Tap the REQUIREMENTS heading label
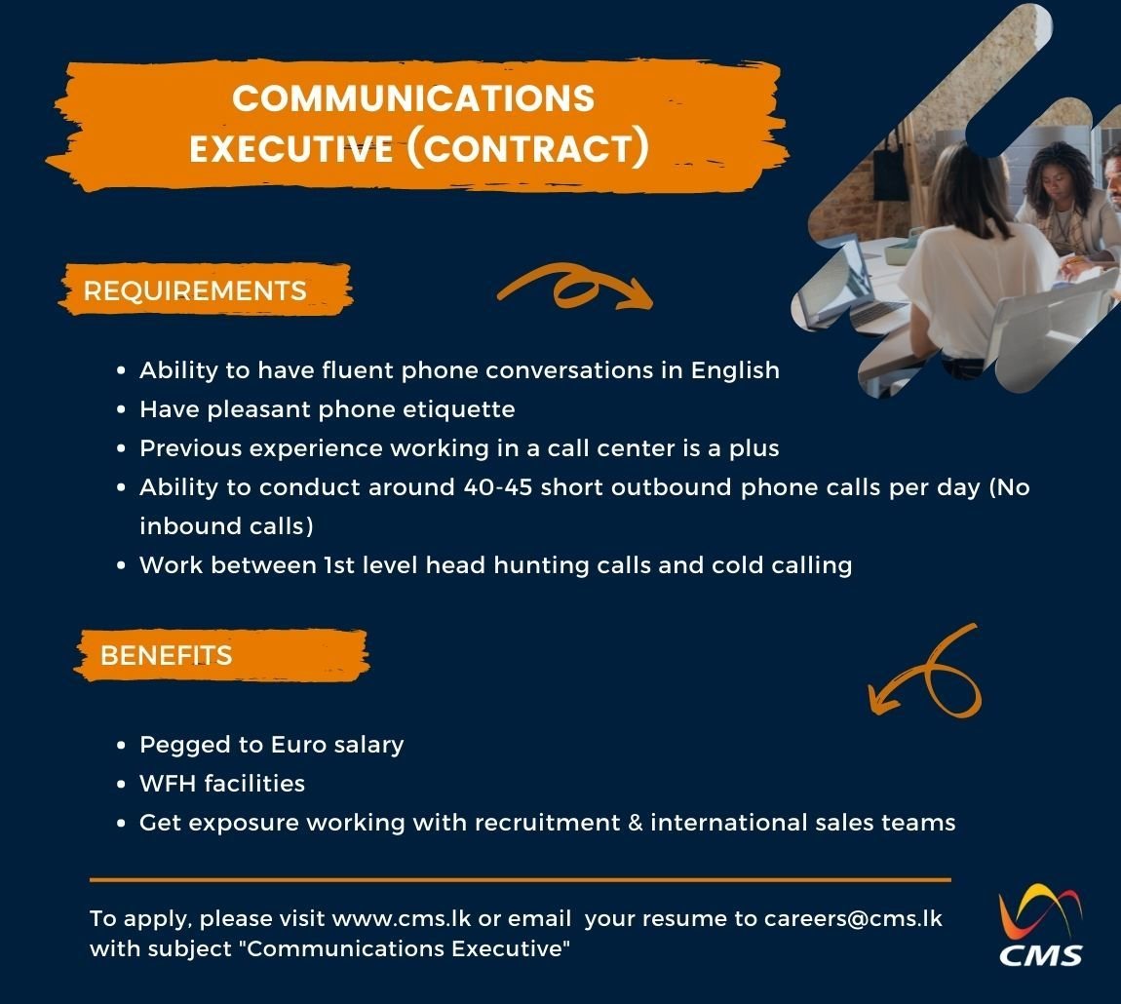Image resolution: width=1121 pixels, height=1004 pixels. pyautogui.click(x=195, y=290)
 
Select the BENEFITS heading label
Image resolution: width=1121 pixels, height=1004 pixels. pyautogui.click(x=167, y=655)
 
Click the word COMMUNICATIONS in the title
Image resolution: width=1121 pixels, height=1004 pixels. pyautogui.click(x=413, y=98)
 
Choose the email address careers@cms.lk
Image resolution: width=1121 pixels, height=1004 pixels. pyautogui.click(x=853, y=918)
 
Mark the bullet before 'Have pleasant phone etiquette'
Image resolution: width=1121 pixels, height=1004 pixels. pyautogui.click(x=121, y=410)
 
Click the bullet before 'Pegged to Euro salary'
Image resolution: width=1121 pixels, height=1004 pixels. pyautogui.click(x=121, y=746)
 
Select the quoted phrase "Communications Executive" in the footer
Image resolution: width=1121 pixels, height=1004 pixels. pyautogui.click(x=408, y=948)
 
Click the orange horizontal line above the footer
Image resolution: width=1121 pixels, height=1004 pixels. pyautogui.click(x=520, y=879)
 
